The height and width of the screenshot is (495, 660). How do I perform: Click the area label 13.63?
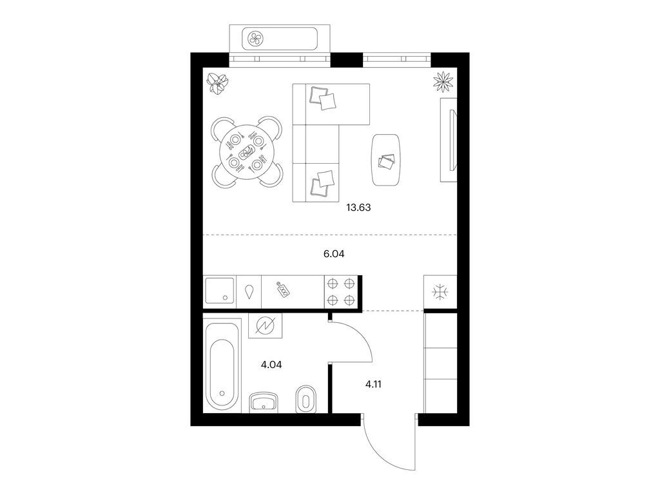tap(358, 208)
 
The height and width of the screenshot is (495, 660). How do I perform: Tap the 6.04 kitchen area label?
tap(334, 254)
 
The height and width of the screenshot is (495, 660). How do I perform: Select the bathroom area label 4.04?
tap(271, 365)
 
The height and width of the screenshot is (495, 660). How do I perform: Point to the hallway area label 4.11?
tap(373, 384)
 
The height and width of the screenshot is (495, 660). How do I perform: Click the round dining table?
tap(247, 152)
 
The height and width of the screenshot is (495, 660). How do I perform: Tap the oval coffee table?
tap(385, 160)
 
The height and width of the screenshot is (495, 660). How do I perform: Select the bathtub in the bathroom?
tap(222, 365)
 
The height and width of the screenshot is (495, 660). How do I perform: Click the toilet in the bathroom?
tap(306, 398)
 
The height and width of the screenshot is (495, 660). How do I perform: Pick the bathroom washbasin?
tap(264, 402)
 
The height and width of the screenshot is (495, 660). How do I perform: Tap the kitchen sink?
tap(219, 291)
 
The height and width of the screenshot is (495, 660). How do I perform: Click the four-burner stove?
tap(341, 292)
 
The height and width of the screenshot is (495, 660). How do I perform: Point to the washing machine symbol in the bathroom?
tap(265, 325)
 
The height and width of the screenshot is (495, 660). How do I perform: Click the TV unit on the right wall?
tap(449, 140)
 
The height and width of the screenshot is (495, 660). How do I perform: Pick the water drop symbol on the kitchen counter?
tap(249, 292)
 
